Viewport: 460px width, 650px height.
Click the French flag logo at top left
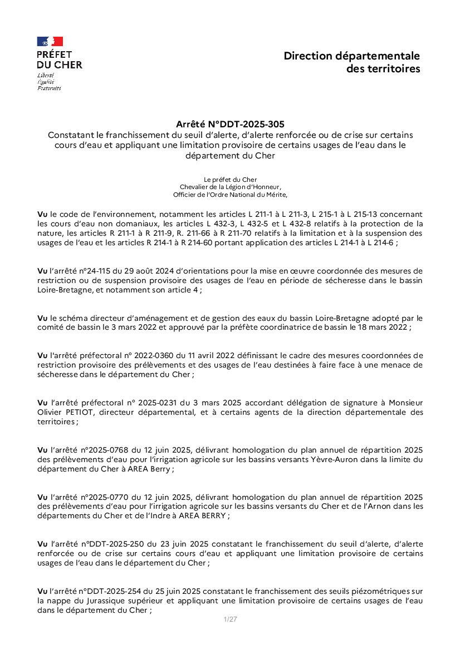pyautogui.click(x=50, y=41)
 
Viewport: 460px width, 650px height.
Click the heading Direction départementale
pyautogui.click(x=351, y=56)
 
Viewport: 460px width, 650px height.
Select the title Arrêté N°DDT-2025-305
pyautogui.click(x=230, y=124)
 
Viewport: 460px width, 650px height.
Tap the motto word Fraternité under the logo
pyautogui.click(x=49, y=88)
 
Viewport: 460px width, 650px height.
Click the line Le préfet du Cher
pyautogui.click(x=230, y=180)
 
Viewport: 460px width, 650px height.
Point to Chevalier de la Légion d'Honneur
pyautogui.click(x=230, y=187)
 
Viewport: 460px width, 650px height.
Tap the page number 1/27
pyautogui.click(x=230, y=619)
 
